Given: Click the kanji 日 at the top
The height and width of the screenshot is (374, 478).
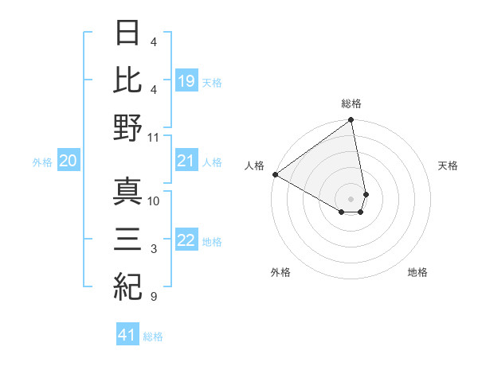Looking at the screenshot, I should tap(128, 34).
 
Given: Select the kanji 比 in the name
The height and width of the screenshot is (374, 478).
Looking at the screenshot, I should tap(128, 80).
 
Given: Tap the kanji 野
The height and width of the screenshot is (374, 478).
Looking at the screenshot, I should tap(128, 127).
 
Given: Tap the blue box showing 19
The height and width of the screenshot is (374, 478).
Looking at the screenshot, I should tap(186, 80).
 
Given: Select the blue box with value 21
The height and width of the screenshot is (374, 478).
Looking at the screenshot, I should tap(186, 162).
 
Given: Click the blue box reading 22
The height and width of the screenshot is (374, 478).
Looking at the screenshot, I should tap(186, 241).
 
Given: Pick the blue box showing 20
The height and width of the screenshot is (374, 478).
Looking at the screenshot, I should tap(69, 162).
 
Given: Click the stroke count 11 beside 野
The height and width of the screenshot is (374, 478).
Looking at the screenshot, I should tap(154, 137).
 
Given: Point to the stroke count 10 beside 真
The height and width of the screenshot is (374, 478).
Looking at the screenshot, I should tap(154, 201).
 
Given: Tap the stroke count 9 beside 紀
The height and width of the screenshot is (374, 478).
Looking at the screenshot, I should tap(153, 297).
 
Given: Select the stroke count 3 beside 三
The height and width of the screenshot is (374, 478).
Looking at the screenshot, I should tap(153, 250).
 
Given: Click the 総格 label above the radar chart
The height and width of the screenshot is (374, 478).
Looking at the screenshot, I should tap(351, 103).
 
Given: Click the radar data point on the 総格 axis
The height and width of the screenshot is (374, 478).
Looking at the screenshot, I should tap(351, 121).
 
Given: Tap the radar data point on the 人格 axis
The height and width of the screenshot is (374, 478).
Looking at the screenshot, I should tap(275, 173).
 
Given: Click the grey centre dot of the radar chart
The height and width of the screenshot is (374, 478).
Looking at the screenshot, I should tap(351, 198).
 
